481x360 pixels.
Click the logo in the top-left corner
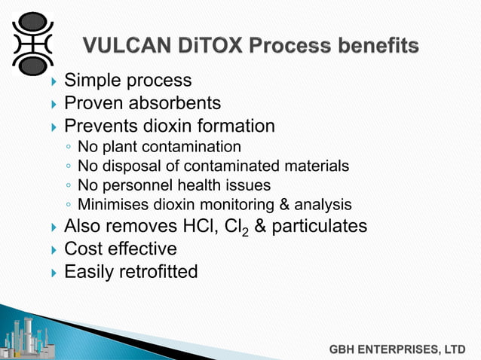(32, 44)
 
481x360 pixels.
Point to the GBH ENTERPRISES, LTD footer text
(397, 349)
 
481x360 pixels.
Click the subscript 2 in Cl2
(246, 232)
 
